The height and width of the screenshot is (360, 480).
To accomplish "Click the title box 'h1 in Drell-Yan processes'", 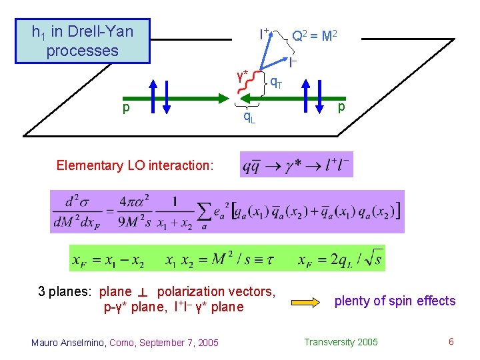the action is (x=83, y=41).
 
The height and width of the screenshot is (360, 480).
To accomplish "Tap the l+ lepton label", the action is (x=264, y=33).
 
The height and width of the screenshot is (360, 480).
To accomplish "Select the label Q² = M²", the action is (x=313, y=35).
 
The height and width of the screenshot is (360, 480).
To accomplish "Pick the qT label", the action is (x=275, y=83).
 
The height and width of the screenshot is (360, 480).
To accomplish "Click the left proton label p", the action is (x=125, y=107).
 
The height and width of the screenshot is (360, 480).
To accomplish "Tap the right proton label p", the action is (x=341, y=107).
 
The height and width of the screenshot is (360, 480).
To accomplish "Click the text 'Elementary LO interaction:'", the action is (x=135, y=165).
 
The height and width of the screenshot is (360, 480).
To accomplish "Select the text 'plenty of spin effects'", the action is (x=395, y=301).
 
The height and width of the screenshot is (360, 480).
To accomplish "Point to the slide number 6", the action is (x=451, y=342).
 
